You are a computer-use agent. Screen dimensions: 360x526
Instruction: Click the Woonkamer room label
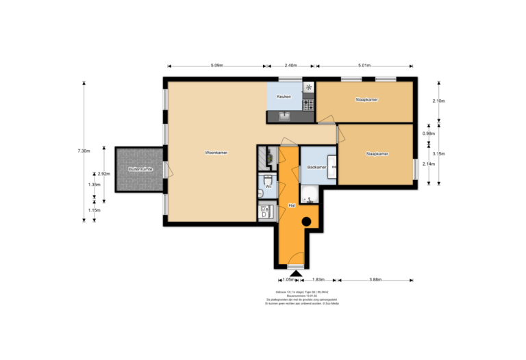coord(216,153)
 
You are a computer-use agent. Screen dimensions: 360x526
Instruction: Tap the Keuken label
coord(284,97)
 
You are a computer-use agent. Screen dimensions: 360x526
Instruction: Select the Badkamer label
coord(316,167)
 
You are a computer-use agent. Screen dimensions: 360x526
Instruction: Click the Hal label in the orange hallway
coord(291,205)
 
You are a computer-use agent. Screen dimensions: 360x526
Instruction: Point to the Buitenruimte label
coord(140,168)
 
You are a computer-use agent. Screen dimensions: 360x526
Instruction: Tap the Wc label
coord(268,185)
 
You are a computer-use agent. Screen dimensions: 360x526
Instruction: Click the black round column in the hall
coord(306,221)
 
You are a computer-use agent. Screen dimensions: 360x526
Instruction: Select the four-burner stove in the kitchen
coord(309,105)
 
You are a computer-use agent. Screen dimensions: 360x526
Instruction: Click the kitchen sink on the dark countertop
coord(284,116)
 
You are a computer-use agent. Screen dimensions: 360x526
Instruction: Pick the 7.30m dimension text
coord(84,151)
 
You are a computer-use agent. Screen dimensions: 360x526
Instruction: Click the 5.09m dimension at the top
coord(216,66)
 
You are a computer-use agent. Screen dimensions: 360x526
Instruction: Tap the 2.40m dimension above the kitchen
coord(290,66)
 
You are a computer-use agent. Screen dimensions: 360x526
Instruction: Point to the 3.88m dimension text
coord(375,279)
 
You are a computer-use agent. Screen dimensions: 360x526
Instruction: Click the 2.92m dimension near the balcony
coord(105,173)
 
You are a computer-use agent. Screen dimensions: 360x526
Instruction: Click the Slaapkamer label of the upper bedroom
coord(367,100)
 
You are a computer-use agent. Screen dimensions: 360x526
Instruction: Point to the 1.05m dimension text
coord(290,279)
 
